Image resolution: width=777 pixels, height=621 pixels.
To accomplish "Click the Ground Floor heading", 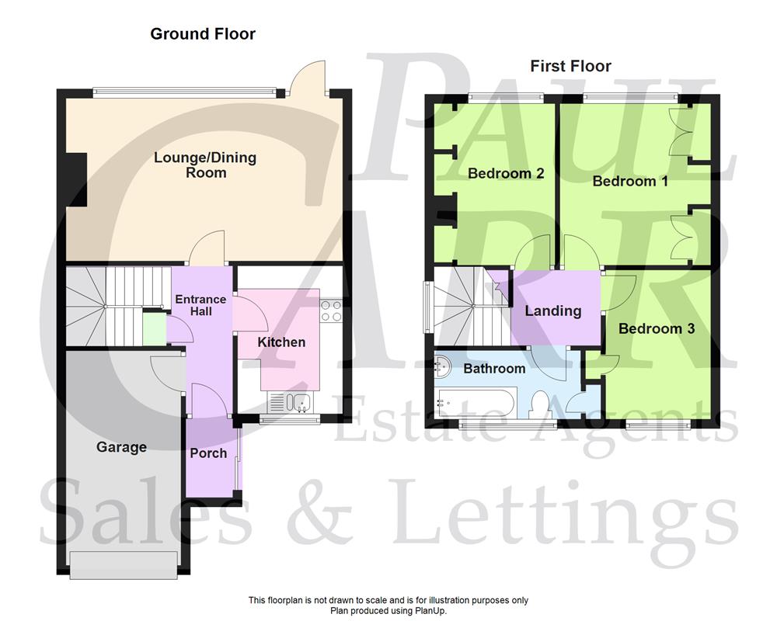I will tap(203, 33).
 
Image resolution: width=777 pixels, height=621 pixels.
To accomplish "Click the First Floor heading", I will tap(570, 66).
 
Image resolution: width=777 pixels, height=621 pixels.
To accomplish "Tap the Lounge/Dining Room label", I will tap(205, 165).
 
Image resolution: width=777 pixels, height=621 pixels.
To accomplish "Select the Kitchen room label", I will tap(281, 342).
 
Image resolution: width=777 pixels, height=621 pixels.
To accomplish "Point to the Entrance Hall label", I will tap(200, 305).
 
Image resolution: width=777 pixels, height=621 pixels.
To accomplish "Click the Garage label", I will tap(121, 447).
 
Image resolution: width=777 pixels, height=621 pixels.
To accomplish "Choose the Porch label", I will tap(208, 453).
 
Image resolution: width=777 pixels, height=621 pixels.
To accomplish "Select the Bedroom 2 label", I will tap(505, 173).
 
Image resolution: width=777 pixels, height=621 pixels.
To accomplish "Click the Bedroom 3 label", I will tap(656, 328).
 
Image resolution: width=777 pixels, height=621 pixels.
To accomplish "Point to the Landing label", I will tap(552, 310).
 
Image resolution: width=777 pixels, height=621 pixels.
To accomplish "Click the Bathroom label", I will tap(494, 368).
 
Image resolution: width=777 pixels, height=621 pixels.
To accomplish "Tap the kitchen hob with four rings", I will tap(331, 310).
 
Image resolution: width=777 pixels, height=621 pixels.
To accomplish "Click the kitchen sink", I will tap(291, 402).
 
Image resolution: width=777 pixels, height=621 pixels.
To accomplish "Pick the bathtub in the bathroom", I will tap(474, 403).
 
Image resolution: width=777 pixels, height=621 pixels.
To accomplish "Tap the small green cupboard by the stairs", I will tap(154, 327).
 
